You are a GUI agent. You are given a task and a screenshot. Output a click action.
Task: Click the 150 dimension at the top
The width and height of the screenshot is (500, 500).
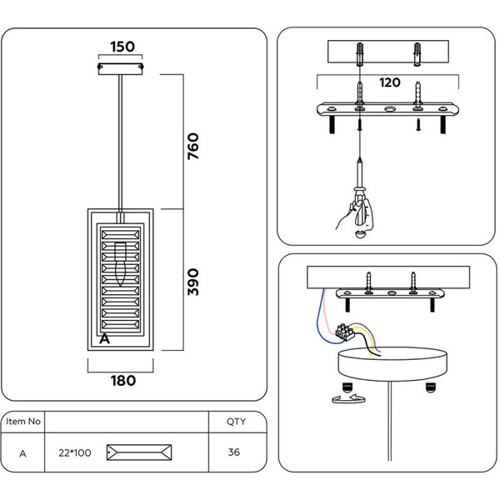[122, 47]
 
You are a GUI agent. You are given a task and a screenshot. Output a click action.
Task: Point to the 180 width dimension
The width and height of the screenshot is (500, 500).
[122, 380]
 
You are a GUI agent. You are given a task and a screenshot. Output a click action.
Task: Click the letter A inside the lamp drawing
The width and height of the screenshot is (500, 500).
[104, 338]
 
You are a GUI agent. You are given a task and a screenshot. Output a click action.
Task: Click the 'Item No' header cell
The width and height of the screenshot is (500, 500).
[23, 422]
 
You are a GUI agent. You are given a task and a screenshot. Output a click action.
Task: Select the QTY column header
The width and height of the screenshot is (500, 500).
[236, 422]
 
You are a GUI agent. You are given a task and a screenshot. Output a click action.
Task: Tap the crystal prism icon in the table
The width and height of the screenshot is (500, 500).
[140, 453]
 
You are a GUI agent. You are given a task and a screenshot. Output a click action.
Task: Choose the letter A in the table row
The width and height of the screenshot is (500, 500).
[22, 452]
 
